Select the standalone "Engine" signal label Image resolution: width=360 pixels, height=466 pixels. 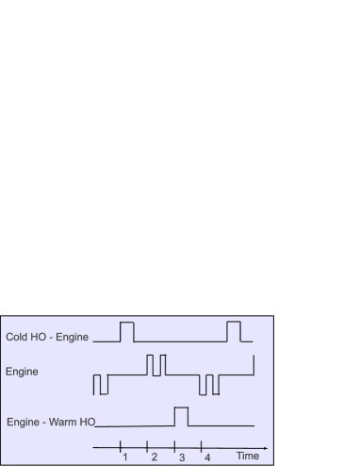(x=22, y=372)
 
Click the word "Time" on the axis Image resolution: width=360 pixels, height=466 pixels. (x=247, y=457)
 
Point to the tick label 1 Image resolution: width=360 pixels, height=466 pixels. (x=124, y=458)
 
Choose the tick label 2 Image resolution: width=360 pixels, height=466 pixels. (x=154, y=458)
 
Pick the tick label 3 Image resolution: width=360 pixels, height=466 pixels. (x=181, y=458)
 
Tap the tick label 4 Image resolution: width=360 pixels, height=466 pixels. (x=207, y=458)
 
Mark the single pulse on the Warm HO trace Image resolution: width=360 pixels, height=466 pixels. (x=181, y=416)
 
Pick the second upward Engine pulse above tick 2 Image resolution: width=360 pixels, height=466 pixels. (x=162, y=365)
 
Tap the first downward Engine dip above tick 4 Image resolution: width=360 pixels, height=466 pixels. (x=205, y=384)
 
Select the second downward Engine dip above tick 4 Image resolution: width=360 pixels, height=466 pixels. (x=216, y=384)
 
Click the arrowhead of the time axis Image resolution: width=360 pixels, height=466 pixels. (x=266, y=446)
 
